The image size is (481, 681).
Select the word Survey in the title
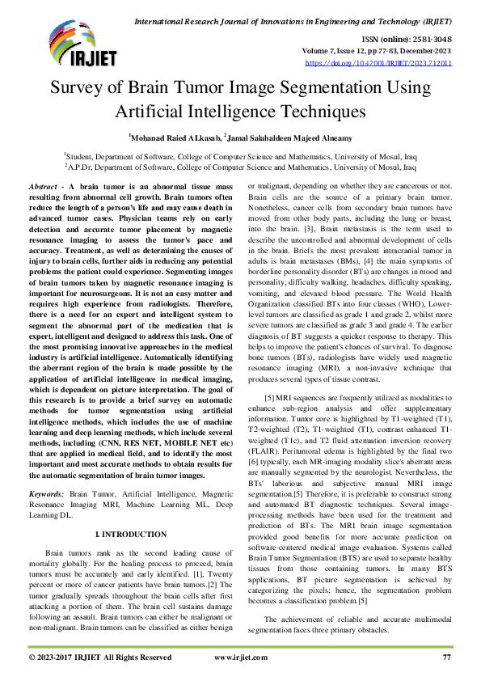pyautogui.click(x=80, y=88)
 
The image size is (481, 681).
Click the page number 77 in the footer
pyautogui.click(x=446, y=658)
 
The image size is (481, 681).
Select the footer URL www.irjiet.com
pyautogui.click(x=241, y=658)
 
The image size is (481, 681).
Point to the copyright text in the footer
pyautogui.click(x=100, y=658)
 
